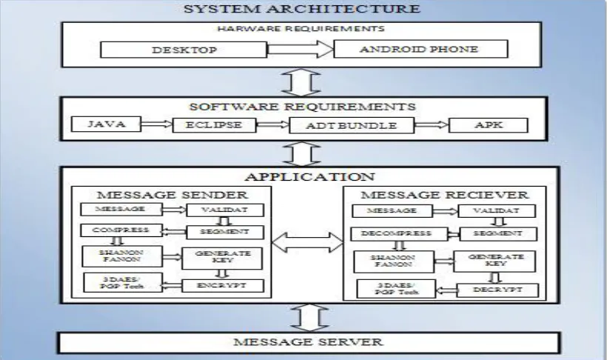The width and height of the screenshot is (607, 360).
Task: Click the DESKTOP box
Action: click(184, 50)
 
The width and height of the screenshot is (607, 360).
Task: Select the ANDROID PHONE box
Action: click(420, 49)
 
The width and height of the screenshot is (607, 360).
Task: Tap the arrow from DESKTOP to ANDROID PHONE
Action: click(300, 49)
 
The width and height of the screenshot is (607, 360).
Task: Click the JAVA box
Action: click(107, 124)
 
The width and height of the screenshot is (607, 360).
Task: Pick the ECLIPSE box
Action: click(214, 125)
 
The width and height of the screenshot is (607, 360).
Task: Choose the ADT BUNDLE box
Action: click(352, 125)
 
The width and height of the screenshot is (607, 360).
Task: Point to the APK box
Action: click(488, 125)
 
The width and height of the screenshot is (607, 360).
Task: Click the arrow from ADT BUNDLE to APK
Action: click(432, 124)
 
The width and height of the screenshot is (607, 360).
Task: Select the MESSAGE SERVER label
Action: click(308, 341)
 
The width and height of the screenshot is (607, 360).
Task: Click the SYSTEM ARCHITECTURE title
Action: click(302, 9)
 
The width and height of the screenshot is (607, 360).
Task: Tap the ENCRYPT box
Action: click(223, 286)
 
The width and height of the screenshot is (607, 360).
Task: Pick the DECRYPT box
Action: click(498, 290)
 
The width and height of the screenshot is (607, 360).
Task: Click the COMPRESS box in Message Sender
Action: click(121, 230)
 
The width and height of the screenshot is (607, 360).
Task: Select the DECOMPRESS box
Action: click(397, 233)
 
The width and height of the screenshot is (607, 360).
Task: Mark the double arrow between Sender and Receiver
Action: click(307, 242)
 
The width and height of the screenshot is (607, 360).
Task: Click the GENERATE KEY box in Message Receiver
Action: click(495, 261)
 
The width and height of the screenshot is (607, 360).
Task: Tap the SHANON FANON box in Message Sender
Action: click(122, 256)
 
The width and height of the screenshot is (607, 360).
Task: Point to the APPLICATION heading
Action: click(309, 177)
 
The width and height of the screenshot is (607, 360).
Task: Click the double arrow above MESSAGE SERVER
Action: click(309, 318)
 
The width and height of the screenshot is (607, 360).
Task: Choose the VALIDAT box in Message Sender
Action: click(225, 210)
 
